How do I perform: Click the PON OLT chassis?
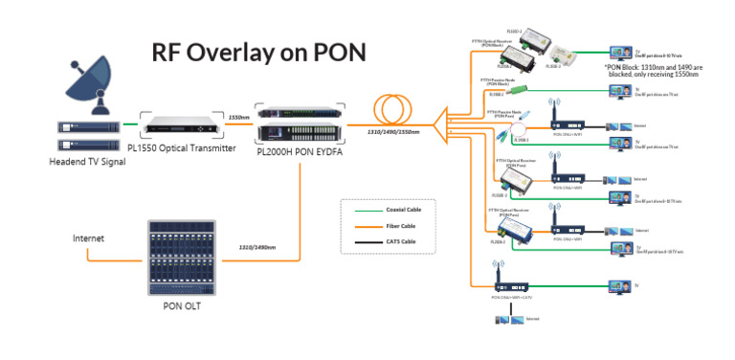point(182,257)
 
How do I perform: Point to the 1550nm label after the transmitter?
point(240,118)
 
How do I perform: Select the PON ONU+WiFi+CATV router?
point(506,284)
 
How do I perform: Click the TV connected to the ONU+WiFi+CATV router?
point(616,284)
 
